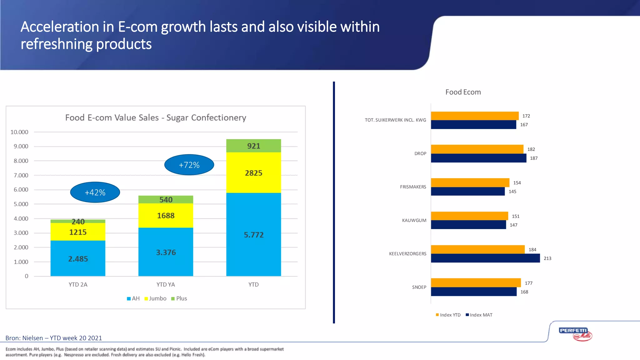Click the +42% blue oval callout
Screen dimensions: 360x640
[x=95, y=192]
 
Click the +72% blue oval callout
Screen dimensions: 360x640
[x=189, y=165]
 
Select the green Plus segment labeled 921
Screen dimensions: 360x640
[x=253, y=146]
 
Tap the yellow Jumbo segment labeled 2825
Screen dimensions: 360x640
[x=253, y=173]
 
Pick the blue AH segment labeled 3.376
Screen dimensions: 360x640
[x=166, y=252]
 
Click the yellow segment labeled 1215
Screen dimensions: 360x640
[x=78, y=232]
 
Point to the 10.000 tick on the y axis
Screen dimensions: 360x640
[x=19, y=132]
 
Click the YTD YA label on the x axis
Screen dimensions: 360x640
[x=166, y=285]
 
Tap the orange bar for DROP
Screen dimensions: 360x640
[x=477, y=149]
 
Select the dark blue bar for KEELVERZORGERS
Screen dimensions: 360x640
[x=485, y=258]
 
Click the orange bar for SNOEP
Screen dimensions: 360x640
[x=476, y=282]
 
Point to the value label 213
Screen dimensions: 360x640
[x=547, y=258]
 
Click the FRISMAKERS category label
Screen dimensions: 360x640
[x=413, y=187]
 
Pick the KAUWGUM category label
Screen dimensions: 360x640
[x=414, y=220]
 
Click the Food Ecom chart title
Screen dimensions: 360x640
[x=463, y=92]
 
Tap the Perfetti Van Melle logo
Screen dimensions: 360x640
[x=575, y=334]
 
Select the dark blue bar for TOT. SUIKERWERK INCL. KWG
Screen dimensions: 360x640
[x=473, y=125]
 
